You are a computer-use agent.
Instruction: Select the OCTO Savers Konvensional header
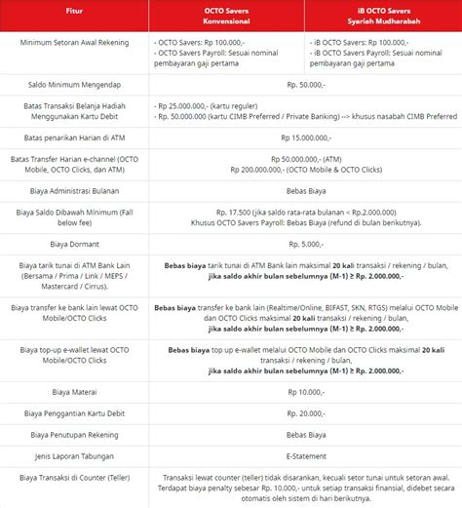226,17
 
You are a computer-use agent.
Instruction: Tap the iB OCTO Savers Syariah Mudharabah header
381,17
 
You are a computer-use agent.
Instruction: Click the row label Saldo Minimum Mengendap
74,86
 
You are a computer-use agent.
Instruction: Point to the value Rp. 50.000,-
304,86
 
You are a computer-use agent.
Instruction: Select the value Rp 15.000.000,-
304,137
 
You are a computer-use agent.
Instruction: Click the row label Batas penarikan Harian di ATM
74,137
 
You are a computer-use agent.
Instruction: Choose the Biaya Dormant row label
74,244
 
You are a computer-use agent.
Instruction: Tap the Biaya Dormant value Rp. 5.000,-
304,244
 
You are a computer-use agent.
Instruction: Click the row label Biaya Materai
74,391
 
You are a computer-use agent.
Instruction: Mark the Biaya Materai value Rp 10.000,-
304,391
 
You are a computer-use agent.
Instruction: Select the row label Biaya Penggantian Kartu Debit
74,412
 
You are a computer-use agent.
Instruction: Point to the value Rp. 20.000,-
304,412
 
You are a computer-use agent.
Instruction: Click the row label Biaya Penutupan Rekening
74,433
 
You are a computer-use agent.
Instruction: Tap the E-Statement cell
304,454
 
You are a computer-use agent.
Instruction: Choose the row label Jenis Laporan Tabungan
74,454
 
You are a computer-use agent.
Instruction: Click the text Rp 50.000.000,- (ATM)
304,158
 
